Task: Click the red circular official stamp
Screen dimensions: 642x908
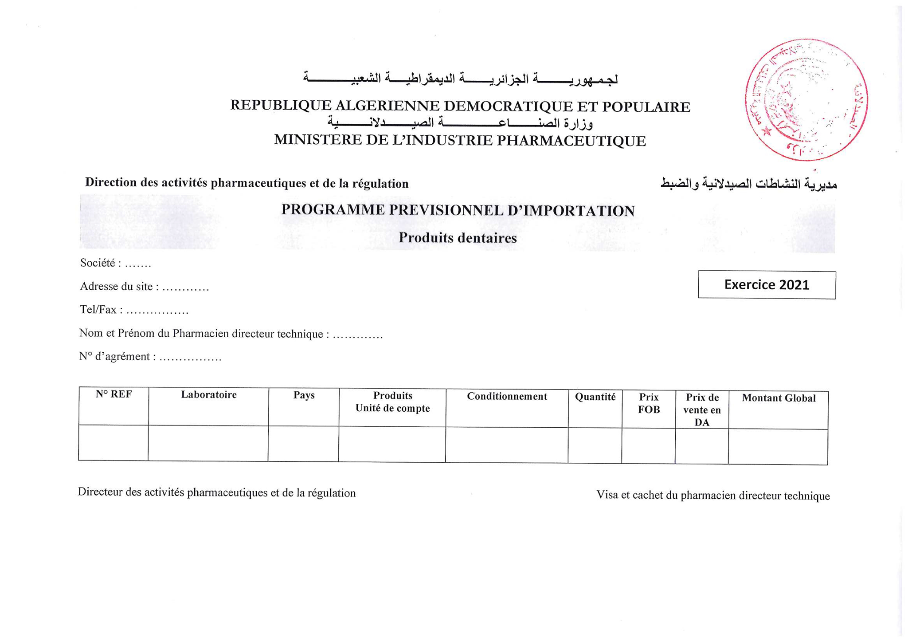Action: (x=806, y=99)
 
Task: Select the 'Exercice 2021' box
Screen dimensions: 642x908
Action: (x=767, y=285)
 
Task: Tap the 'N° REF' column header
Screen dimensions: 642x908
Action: (x=114, y=394)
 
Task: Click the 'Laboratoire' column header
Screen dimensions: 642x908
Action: (x=208, y=395)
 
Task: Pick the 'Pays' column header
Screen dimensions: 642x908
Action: (x=304, y=395)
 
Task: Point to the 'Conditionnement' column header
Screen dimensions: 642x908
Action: (x=507, y=397)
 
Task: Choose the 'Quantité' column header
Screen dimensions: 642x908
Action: (x=595, y=397)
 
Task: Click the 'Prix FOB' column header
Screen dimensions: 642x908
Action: (x=649, y=403)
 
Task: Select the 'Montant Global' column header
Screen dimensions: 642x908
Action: (x=779, y=398)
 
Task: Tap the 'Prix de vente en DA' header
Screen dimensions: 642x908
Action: (x=702, y=410)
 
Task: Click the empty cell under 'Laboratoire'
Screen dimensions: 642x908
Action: (x=208, y=443)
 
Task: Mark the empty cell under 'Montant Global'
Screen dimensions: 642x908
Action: (x=778, y=447)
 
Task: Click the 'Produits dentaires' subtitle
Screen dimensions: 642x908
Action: (x=458, y=238)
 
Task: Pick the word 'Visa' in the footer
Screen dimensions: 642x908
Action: (x=607, y=495)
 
